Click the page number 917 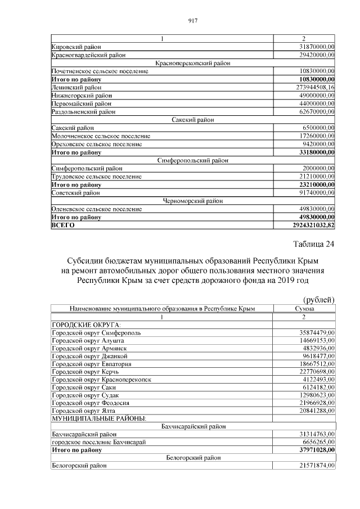point(192,21)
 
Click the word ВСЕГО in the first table point(63,225)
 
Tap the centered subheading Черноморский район point(193,201)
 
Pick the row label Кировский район point(76,47)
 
